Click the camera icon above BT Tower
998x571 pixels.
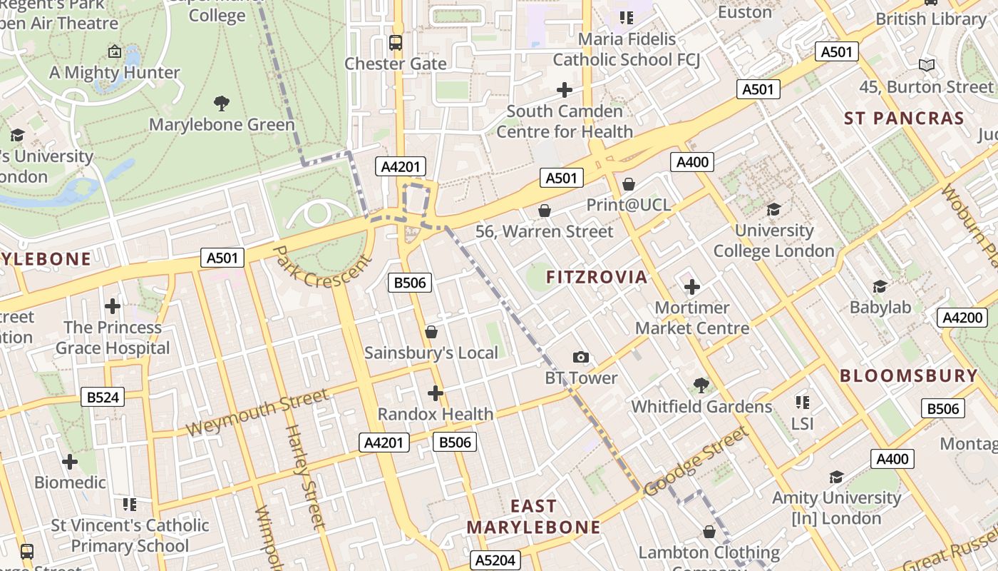point(581,357)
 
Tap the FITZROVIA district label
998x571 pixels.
point(597,277)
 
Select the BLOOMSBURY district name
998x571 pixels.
point(908,375)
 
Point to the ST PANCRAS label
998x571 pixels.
point(904,118)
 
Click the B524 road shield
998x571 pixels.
point(102,398)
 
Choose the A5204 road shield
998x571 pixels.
point(495,560)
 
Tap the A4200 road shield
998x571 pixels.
point(962,318)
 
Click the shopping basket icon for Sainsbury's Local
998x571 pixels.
point(431,332)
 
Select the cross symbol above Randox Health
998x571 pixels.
point(435,393)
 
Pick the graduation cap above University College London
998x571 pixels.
point(773,209)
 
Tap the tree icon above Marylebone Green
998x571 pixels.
point(222,103)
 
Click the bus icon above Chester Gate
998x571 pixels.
point(396,43)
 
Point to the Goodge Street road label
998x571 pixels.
point(696,462)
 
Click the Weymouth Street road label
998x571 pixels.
point(257,413)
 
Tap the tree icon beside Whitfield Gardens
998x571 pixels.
point(701,385)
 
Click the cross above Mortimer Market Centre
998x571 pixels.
point(691,287)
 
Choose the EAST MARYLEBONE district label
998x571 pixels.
point(533,517)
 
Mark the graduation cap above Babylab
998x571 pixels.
point(880,286)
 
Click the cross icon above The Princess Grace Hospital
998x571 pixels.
point(112,306)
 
